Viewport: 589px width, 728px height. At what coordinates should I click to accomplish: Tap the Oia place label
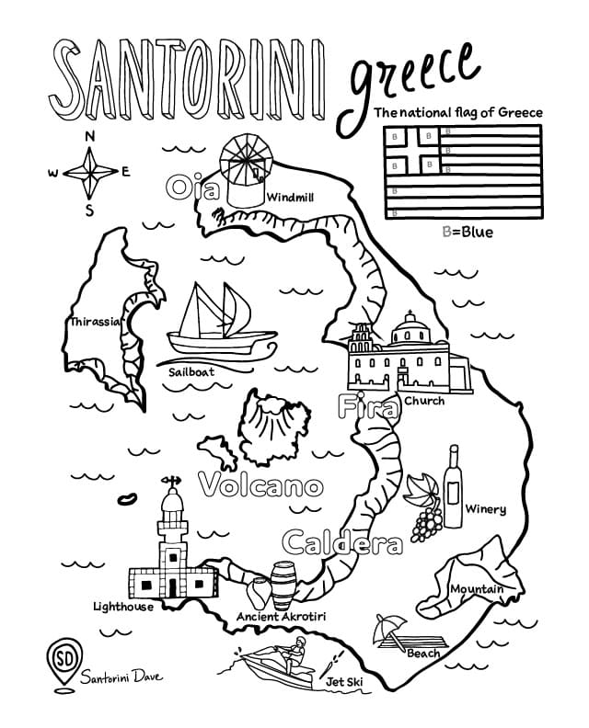click(192, 188)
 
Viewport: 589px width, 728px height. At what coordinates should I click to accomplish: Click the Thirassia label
click(95, 322)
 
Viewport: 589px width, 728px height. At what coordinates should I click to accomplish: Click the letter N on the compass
click(89, 137)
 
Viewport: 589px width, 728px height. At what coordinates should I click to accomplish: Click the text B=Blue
click(468, 232)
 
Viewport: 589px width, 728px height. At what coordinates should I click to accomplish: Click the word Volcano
click(261, 484)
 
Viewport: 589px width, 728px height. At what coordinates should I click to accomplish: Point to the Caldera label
click(341, 543)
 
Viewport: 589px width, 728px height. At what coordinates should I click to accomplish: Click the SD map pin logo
click(62, 661)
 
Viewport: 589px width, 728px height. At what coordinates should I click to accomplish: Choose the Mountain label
click(476, 588)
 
